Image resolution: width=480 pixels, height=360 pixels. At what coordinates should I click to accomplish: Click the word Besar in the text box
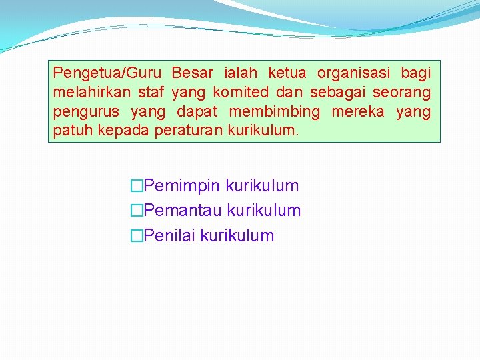(192, 72)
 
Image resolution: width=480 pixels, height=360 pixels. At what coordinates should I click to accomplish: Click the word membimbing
(274, 111)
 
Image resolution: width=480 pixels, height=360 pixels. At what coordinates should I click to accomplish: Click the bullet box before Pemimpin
(137, 186)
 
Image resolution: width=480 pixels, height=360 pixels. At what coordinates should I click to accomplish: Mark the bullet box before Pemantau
(137, 211)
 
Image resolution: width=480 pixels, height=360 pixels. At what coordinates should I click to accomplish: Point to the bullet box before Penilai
(137, 235)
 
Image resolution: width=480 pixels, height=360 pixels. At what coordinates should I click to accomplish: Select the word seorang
(401, 91)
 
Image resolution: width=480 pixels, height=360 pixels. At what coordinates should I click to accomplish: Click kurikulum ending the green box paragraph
(264, 131)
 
